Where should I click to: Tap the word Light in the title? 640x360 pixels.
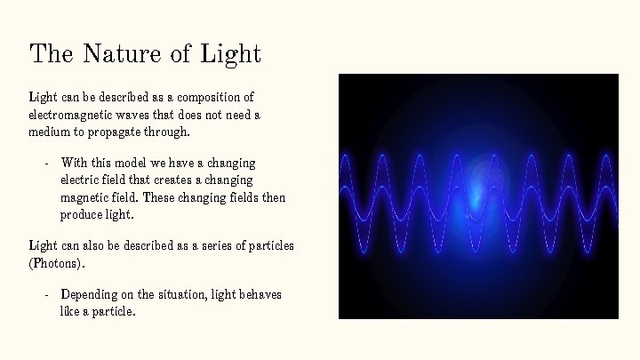[x=231, y=53]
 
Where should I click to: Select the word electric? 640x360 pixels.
[x=80, y=180]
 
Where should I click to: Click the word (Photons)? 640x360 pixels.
[x=58, y=263]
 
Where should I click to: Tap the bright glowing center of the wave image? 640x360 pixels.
[x=480, y=187]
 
